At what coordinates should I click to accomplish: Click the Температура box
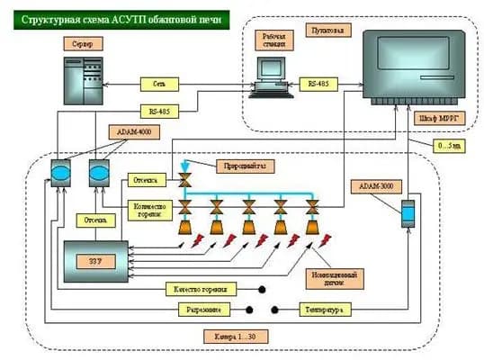click(x=324, y=310)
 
